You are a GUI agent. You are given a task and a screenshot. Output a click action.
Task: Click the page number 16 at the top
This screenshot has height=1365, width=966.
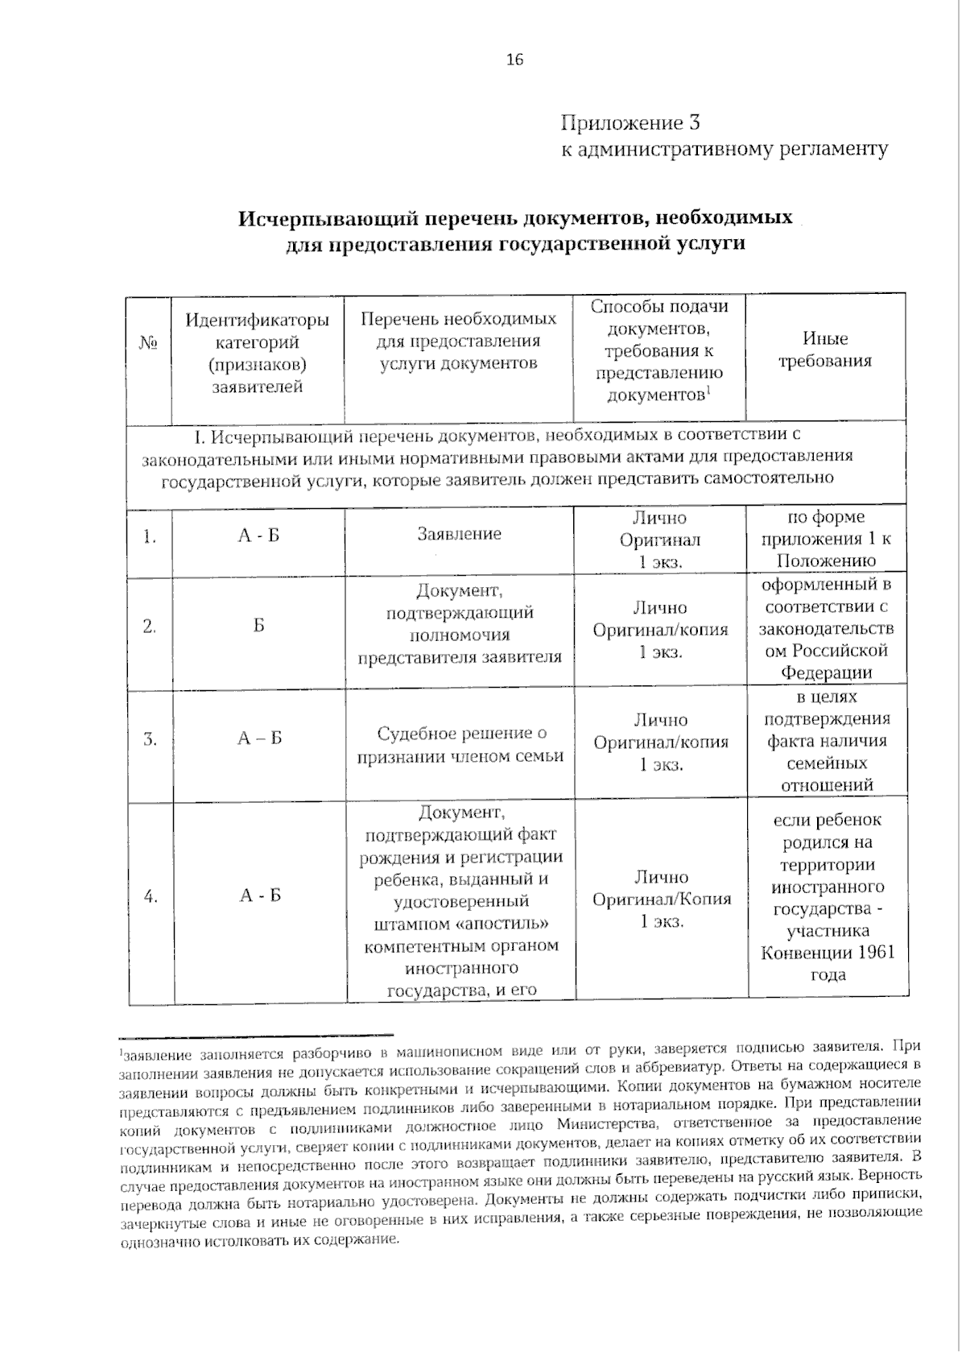pyautogui.click(x=514, y=60)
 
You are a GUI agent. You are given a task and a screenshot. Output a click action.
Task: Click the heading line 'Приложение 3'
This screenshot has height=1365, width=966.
pyautogui.click(x=630, y=123)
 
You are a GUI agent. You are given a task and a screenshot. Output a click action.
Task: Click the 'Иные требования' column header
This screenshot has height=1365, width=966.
pyautogui.click(x=825, y=350)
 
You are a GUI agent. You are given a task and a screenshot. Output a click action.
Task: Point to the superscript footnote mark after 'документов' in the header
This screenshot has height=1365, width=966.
pyautogui.click(x=708, y=391)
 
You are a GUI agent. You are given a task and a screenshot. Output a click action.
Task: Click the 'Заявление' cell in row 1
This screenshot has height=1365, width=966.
pyautogui.click(x=459, y=534)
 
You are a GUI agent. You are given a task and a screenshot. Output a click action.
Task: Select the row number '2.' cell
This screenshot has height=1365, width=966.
pyautogui.click(x=150, y=626)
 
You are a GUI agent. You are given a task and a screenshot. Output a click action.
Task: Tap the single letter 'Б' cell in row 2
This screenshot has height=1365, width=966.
pyautogui.click(x=258, y=626)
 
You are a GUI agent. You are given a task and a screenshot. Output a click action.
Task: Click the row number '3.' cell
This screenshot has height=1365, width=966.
pyautogui.click(x=150, y=738)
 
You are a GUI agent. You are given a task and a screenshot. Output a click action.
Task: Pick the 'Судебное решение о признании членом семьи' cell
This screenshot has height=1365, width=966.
pyautogui.click(x=460, y=745)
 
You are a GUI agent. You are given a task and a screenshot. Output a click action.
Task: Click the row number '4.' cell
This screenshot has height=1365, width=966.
pyautogui.click(x=151, y=896)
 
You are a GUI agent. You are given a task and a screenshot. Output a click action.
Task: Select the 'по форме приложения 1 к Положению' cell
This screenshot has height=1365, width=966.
pyautogui.click(x=826, y=539)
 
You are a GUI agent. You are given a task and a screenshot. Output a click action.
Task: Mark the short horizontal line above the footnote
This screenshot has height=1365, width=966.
pyautogui.click(x=255, y=1035)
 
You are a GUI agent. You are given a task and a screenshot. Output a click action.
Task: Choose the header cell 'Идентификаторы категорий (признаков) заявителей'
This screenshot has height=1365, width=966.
pyautogui.click(x=258, y=354)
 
